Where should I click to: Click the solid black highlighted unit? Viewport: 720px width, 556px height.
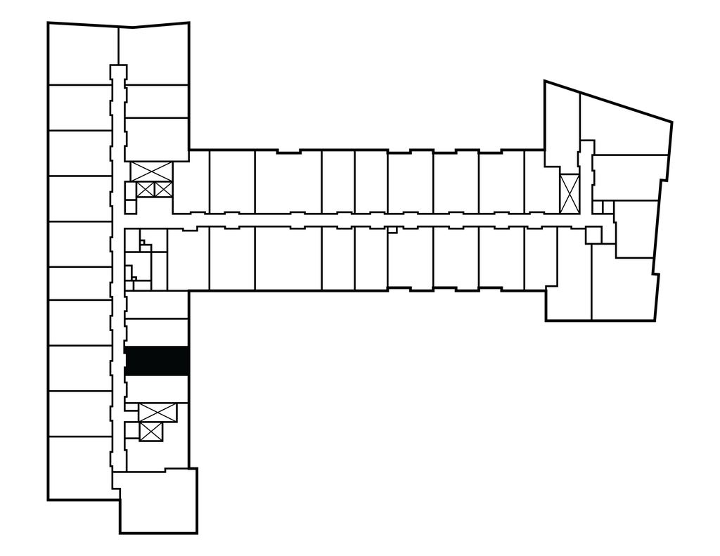click(156, 361)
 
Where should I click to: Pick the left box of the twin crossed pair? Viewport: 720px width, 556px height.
click(145, 189)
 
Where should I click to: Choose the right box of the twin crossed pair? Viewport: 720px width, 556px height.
click(162, 189)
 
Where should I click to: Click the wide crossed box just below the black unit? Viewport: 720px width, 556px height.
click(157, 412)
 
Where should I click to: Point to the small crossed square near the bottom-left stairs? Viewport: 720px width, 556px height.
click(151, 431)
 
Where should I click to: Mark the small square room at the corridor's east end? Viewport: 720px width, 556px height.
click(593, 235)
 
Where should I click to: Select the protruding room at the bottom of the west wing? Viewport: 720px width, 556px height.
click(157, 500)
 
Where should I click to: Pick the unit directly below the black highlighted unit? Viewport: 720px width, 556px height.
click(156, 389)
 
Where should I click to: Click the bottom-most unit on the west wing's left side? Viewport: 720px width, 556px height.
click(79, 467)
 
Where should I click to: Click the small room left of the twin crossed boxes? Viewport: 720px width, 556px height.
click(130, 190)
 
